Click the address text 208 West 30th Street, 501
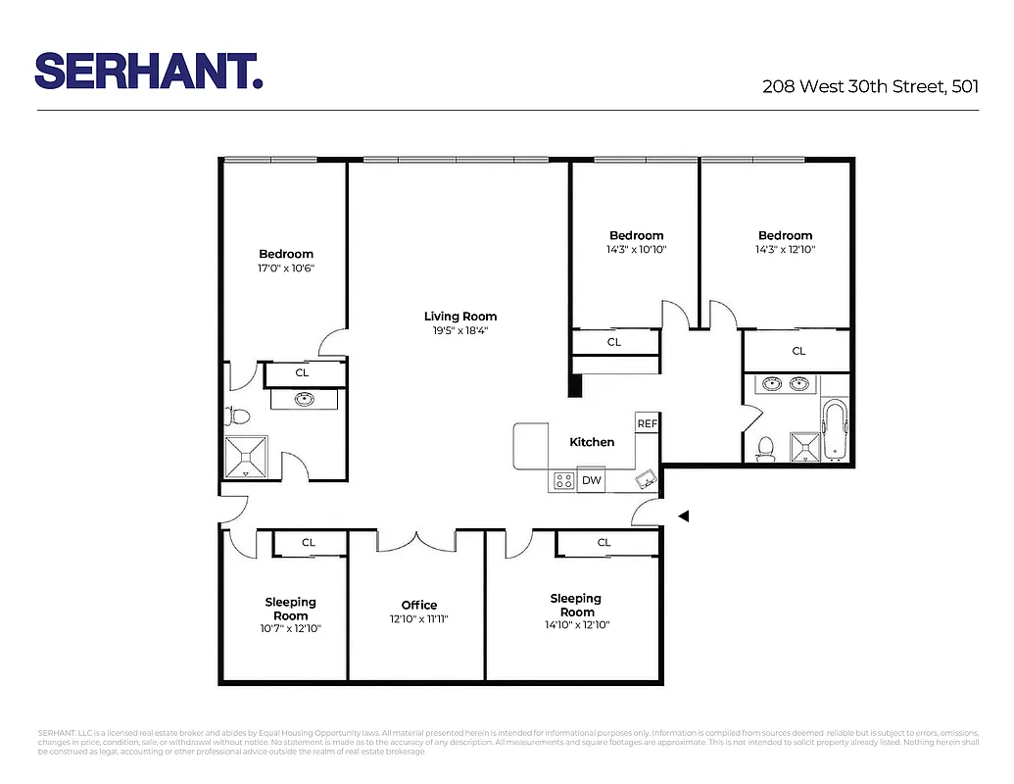click(870, 86)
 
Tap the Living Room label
click(460, 317)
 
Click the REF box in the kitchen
click(647, 423)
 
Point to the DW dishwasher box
click(591, 480)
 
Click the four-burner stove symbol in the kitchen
click(563, 480)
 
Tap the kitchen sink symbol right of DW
click(646, 479)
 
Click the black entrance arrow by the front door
click(685, 515)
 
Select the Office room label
click(419, 605)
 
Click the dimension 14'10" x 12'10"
click(578, 624)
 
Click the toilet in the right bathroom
click(766, 449)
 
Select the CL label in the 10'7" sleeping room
click(309, 542)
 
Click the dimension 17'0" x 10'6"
click(286, 269)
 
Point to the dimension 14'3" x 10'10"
click(637, 250)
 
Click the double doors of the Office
click(416, 540)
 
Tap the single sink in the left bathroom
click(304, 399)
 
